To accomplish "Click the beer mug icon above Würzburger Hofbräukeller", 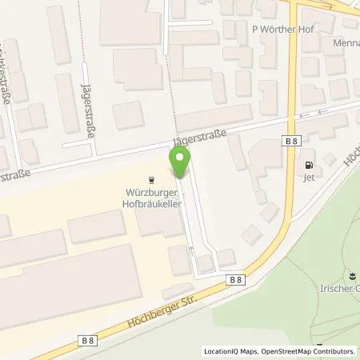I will (x=152, y=180).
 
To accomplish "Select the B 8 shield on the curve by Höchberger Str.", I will (x=235, y=280).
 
